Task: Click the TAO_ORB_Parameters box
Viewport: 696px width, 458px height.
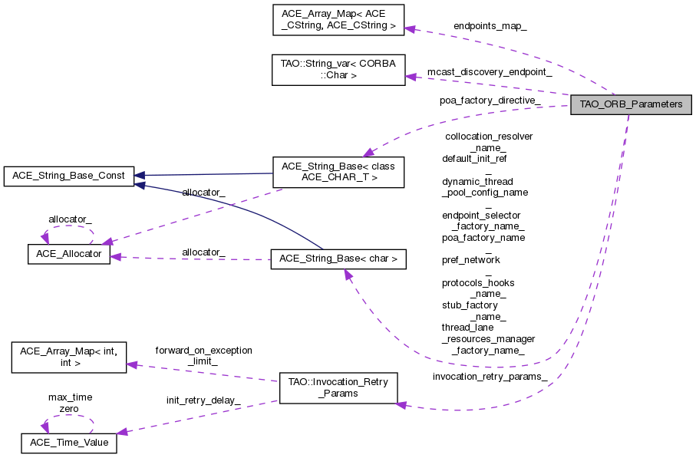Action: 631,104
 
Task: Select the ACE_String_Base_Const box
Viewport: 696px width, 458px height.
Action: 69,176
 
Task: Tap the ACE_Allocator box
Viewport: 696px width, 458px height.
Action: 69,254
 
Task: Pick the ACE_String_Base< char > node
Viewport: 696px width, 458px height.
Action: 338,259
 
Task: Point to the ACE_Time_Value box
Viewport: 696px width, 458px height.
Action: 69,443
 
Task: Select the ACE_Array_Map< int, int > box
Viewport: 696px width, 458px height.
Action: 68,358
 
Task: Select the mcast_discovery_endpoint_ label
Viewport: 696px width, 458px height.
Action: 490,71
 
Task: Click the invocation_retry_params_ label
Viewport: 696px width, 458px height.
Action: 490,377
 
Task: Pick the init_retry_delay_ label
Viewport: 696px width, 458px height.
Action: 203,400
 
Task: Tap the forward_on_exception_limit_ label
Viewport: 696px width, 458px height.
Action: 203,355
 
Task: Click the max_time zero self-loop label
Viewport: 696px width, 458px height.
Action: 70,403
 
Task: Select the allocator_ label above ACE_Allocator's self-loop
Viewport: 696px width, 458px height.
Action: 70,219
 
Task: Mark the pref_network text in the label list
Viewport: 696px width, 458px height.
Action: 470,260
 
